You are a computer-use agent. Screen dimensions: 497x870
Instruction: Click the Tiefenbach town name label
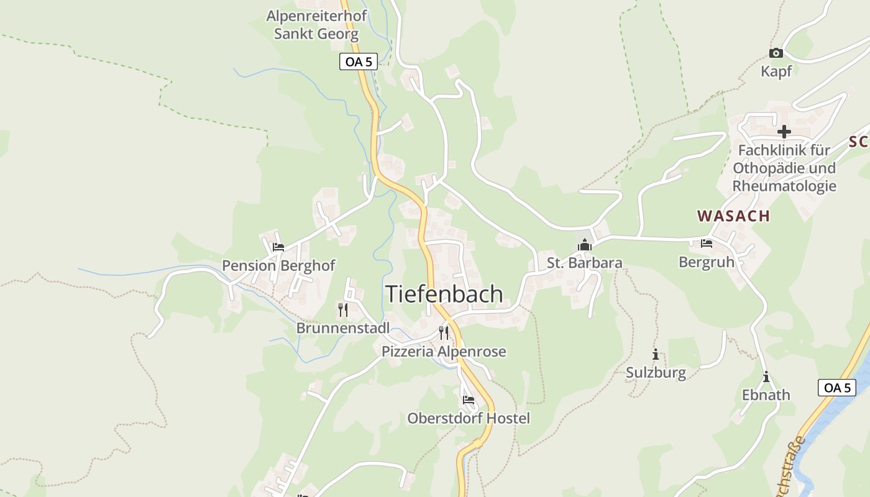point(444,294)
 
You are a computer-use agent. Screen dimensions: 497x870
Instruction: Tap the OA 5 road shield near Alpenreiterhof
point(359,62)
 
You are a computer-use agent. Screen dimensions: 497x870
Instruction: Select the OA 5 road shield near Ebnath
point(836,388)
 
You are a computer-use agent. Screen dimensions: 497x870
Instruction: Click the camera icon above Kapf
point(776,53)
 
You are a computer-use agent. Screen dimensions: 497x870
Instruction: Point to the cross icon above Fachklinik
point(784,132)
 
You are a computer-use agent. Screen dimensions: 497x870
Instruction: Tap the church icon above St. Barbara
point(584,245)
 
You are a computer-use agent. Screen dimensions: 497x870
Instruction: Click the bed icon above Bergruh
point(707,244)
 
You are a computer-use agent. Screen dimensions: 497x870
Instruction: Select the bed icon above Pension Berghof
point(278,247)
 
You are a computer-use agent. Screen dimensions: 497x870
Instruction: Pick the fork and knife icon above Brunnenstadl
point(343,309)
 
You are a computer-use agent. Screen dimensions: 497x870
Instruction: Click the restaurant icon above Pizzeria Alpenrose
point(444,333)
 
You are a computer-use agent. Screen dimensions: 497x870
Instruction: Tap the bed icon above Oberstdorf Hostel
point(469,399)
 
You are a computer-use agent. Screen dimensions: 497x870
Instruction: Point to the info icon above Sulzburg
point(655,355)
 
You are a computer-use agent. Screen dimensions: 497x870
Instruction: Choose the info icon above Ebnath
point(766,377)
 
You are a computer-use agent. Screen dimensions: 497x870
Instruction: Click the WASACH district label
point(733,216)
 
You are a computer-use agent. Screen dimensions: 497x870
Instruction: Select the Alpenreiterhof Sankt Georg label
point(316,25)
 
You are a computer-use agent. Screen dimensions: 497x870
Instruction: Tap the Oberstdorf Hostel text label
point(469,419)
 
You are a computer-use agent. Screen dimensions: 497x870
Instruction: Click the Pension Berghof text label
point(278,266)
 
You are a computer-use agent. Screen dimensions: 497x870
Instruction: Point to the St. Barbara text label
point(584,263)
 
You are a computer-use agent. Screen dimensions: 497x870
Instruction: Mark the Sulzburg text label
point(656,373)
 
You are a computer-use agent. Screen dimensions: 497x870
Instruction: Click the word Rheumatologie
point(784,186)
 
